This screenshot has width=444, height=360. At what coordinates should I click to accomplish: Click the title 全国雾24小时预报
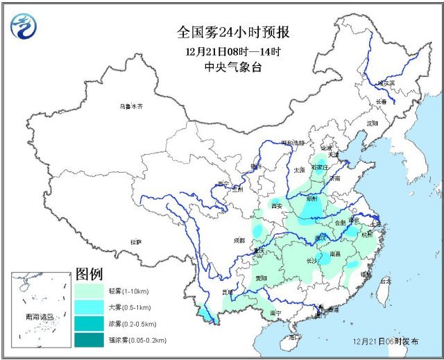pos(233,32)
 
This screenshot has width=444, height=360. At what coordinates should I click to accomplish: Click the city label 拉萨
pos(135,241)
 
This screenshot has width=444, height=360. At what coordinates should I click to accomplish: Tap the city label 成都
pos(239,240)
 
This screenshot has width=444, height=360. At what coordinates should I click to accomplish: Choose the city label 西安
pos(277,206)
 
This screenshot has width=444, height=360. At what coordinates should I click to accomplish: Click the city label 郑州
pos(314,198)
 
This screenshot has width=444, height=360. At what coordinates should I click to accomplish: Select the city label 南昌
pos(335,254)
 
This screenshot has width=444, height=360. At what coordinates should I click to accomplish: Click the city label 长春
pos(382,101)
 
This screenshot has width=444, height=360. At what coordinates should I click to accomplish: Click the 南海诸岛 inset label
pos(39,316)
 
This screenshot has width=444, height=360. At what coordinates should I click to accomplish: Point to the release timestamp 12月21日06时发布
pos(385,342)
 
